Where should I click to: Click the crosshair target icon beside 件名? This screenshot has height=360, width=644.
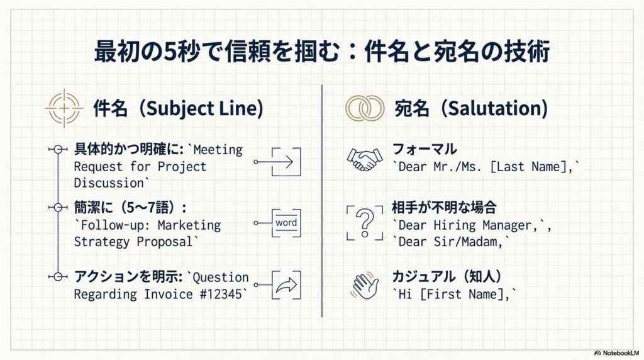(x=64, y=108)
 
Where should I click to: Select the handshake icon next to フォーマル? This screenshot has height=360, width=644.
(x=364, y=159)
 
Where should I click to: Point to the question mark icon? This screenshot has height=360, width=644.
(x=365, y=222)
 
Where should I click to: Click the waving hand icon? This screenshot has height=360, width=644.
(x=365, y=285)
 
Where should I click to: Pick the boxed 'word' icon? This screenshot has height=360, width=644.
(x=286, y=223)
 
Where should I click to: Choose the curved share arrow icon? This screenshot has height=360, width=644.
(x=286, y=285)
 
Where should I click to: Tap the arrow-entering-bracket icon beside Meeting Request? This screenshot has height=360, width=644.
(x=286, y=162)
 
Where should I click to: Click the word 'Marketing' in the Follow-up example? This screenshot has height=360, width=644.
(x=189, y=225)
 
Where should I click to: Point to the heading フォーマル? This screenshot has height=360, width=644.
(x=425, y=149)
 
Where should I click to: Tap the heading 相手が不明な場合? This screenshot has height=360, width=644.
(x=445, y=207)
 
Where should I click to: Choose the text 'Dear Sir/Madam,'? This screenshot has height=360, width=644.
(x=451, y=242)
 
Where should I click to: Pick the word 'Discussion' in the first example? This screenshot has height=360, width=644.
(x=109, y=183)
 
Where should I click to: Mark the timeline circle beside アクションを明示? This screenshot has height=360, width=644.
(x=58, y=276)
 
